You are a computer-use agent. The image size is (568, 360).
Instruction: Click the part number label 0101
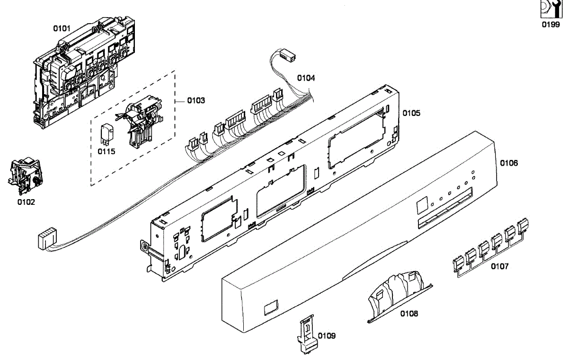coord(62,28)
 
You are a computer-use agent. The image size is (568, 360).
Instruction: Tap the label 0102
coord(26,202)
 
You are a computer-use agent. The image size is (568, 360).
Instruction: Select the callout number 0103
coord(196,100)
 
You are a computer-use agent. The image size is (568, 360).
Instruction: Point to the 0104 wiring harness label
coord(306,77)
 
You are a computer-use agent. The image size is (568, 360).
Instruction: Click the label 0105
coord(411,113)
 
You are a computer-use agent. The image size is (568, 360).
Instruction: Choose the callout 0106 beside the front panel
coord(509,163)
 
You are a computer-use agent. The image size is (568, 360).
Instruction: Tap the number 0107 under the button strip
coord(499,266)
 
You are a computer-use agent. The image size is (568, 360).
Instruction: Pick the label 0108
coord(409,313)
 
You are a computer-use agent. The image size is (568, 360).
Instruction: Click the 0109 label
coord(327,335)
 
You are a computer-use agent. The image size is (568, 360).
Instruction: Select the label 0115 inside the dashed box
coord(106,151)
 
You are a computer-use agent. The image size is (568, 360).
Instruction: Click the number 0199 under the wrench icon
coord(550,25)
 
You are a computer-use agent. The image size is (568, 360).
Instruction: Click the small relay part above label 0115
coord(106,134)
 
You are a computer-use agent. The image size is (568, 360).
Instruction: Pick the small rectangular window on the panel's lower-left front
coord(270,308)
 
